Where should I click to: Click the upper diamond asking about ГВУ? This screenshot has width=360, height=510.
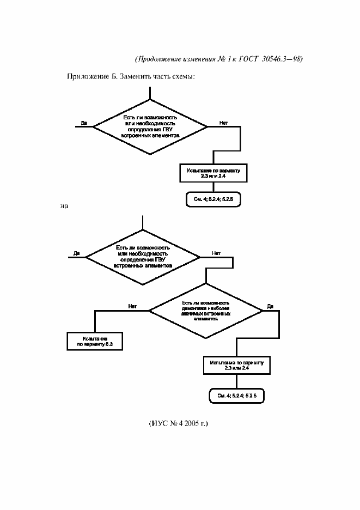tap(150, 127)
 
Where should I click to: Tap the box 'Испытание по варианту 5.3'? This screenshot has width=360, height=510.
tap(94, 341)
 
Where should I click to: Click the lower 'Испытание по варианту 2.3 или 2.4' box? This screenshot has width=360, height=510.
tap(235, 366)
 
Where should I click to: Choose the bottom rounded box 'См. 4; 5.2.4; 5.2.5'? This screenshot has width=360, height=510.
tap(236, 395)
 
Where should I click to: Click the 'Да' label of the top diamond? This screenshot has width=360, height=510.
tap(84, 123)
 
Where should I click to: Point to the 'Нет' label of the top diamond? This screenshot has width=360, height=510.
tap(223, 123)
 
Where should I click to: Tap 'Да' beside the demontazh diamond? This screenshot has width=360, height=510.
tap(270, 307)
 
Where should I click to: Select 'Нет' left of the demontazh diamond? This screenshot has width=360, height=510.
tap(132, 306)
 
